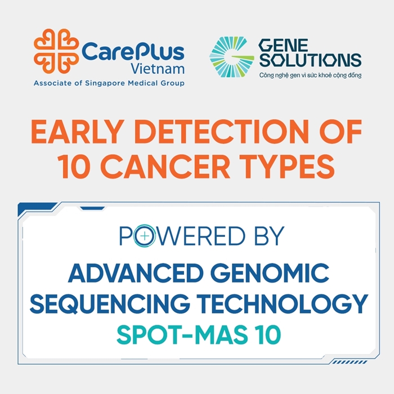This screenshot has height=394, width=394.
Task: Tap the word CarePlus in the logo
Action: tap(133, 52)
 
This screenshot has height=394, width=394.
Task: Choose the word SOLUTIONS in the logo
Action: tap(310, 60)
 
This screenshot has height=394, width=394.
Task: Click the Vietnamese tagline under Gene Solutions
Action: tap(310, 75)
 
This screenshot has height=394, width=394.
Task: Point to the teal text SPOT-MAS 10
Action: tap(198, 335)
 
